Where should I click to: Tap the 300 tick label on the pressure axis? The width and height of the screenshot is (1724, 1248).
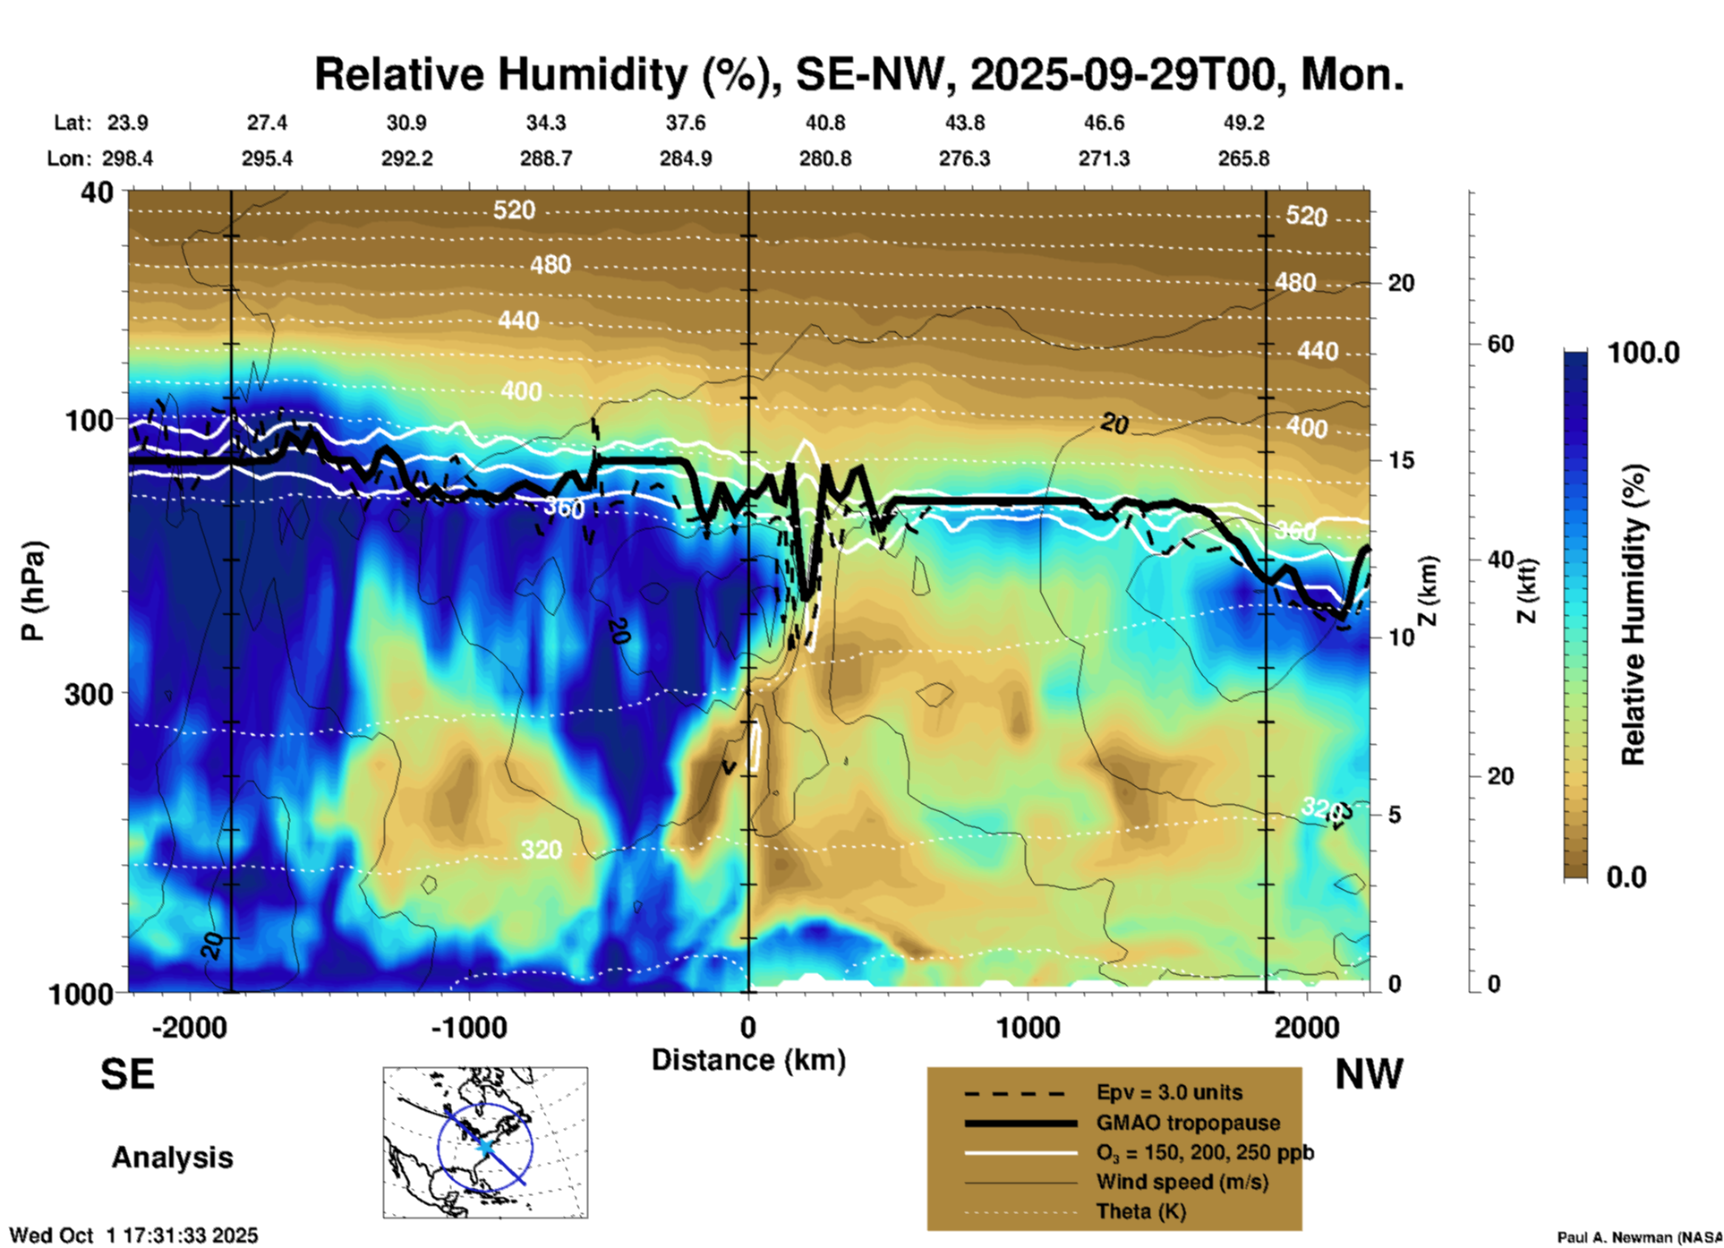point(90,694)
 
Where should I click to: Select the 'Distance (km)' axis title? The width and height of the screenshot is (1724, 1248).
point(748,1060)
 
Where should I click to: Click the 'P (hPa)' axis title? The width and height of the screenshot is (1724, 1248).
point(33,590)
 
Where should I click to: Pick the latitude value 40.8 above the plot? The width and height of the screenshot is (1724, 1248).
point(824,123)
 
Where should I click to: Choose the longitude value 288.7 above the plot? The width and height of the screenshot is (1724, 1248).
point(546,158)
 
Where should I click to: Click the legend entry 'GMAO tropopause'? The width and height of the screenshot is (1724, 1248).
point(1188,1123)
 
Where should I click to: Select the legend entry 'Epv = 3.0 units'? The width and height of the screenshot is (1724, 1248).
point(1169,1093)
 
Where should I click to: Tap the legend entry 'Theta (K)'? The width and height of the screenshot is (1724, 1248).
point(1140,1211)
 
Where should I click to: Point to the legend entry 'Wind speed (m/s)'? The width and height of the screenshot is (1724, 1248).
point(1182,1182)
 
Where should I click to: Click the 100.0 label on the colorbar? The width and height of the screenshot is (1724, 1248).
point(1643,353)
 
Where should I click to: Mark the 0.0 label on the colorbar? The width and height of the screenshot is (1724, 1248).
point(1626,877)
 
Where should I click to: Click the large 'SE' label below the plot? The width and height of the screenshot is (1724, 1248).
point(127,1074)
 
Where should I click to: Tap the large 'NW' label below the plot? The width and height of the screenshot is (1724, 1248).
point(1369,1074)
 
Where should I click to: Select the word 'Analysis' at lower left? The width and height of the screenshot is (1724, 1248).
point(172,1158)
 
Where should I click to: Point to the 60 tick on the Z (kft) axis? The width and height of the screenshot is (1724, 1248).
point(1500,344)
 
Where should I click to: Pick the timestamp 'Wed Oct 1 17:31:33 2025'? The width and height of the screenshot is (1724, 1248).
point(133,1235)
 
